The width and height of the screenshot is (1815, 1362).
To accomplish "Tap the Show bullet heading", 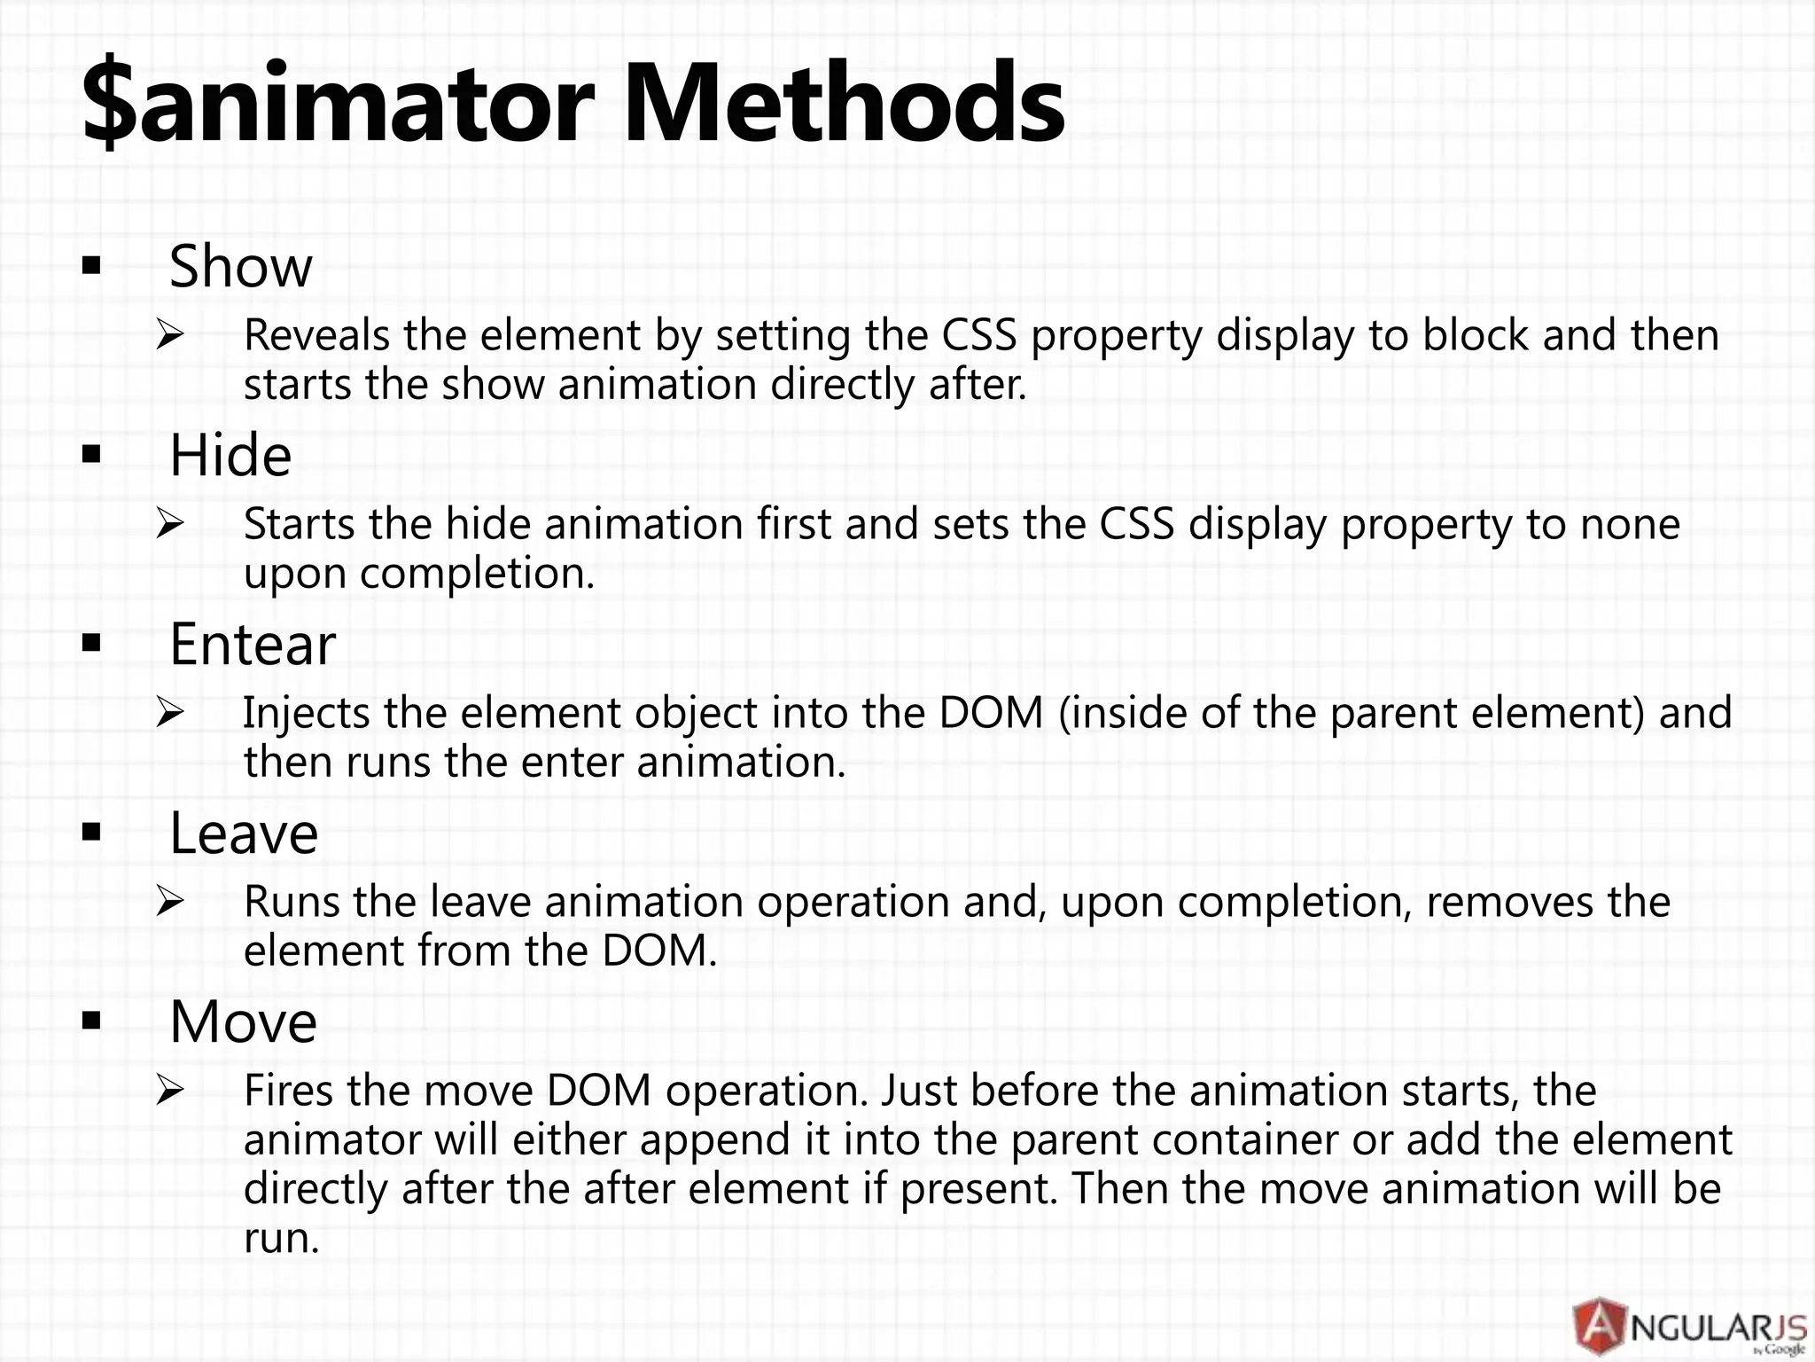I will point(241,266).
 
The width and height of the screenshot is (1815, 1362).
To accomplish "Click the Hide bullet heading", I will point(230,456).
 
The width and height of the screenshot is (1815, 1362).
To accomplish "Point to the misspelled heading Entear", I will point(253,645).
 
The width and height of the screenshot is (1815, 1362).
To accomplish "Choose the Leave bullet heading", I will point(244,834).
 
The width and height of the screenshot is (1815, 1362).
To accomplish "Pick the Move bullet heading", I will point(243,1022).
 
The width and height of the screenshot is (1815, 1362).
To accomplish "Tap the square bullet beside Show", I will point(90,266).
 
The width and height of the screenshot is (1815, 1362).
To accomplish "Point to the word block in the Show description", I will point(1476,335).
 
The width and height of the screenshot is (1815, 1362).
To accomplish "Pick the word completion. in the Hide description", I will point(477,574).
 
